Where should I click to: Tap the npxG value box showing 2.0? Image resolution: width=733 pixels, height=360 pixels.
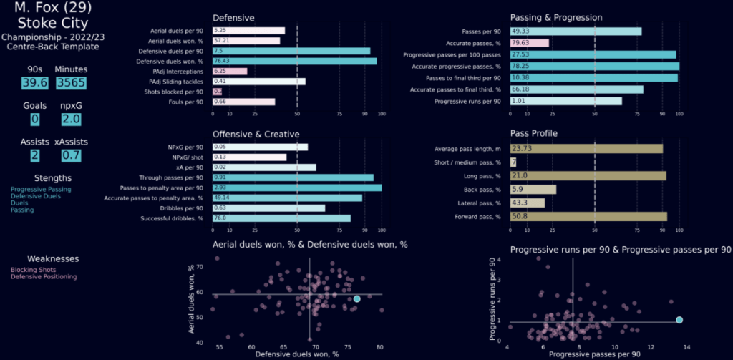(70, 120)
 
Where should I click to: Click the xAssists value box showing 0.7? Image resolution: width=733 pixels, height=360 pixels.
(70, 156)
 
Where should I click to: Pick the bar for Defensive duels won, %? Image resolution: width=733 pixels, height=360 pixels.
(294, 62)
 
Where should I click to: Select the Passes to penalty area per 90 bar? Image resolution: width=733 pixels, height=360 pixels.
(296, 188)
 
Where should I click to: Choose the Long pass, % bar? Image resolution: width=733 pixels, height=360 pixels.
(588, 175)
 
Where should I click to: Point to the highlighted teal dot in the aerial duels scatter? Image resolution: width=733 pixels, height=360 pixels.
(357, 298)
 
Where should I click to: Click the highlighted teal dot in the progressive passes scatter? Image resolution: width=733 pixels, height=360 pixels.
(679, 320)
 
